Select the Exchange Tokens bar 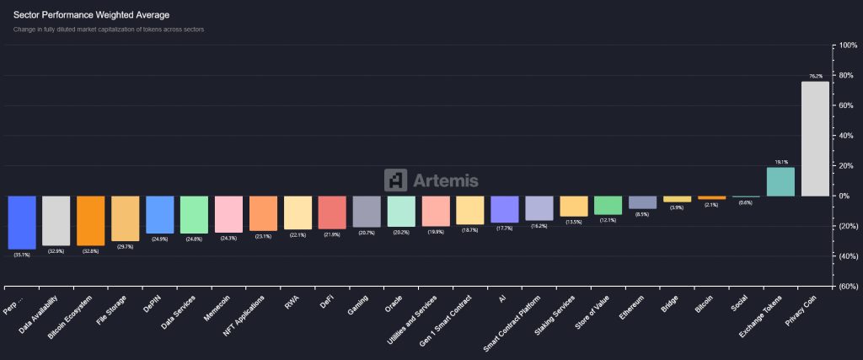780,181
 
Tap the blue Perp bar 22,223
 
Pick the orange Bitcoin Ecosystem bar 90,221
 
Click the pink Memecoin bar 228,214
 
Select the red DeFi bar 332,212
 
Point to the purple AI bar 504,209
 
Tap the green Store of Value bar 608,205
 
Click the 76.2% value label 815,77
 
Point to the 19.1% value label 780,162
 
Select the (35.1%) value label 22,255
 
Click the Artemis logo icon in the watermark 395,180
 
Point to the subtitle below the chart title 109,30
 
